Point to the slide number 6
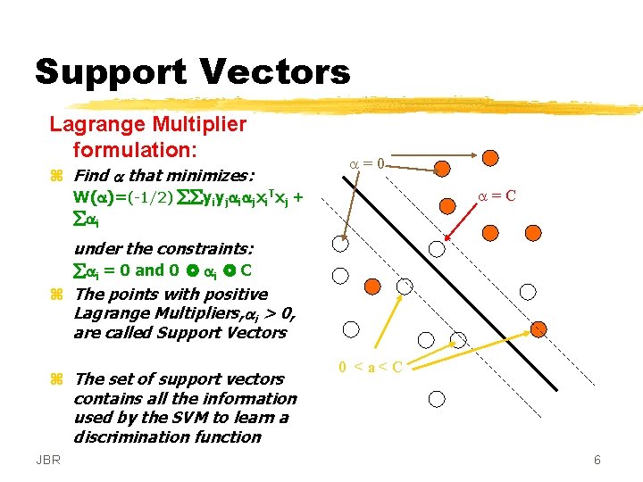click(x=597, y=460)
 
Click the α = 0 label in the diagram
click(x=367, y=164)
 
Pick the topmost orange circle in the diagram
click(x=489, y=159)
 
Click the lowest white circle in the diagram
click(x=436, y=399)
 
